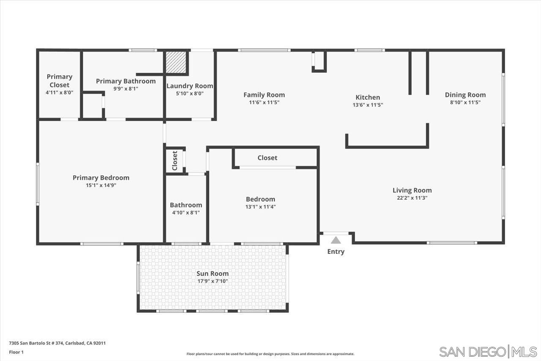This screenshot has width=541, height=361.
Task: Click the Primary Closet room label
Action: click(59, 81)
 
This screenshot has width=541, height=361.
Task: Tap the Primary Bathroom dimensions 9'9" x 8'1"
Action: click(126, 89)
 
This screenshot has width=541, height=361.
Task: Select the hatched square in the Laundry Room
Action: click(176, 63)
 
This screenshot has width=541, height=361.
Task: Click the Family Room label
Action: click(264, 95)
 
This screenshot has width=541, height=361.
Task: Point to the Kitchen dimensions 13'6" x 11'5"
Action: click(368, 105)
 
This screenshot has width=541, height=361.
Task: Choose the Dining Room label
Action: click(465, 95)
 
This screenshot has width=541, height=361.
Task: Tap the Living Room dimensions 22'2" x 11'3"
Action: click(412, 198)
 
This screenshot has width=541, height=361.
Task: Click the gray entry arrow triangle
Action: click(336, 240)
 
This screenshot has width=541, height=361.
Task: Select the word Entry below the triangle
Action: click(336, 252)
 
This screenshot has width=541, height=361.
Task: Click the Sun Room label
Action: click(213, 273)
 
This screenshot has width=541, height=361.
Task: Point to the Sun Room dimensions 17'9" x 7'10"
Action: click(213, 281)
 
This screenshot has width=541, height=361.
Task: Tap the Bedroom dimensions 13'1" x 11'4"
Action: click(260, 207)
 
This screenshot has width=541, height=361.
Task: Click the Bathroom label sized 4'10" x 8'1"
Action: click(186, 205)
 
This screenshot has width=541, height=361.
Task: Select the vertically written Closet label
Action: click(175, 160)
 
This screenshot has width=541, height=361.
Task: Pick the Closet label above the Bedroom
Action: click(268, 158)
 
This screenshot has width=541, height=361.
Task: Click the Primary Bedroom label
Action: click(101, 178)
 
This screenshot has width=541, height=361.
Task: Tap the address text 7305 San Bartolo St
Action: click(57, 343)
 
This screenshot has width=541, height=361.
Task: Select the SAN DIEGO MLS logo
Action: click(488, 352)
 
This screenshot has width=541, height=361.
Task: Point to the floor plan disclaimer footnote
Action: click(270, 354)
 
